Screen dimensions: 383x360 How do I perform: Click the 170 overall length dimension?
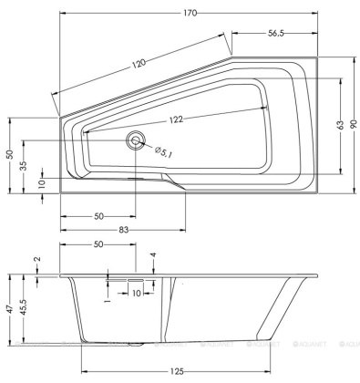pos(188,13)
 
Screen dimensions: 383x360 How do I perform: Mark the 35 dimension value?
pos(22,166)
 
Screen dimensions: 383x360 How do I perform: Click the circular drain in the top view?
pos(137,140)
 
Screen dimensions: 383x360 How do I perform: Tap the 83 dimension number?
pos(122,229)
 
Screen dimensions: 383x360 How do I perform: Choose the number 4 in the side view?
pos(153,256)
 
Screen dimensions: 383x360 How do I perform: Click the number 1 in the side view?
pos(108,294)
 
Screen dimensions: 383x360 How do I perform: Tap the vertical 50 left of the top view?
pos(8,155)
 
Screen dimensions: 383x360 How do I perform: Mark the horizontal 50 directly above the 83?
pos(98,216)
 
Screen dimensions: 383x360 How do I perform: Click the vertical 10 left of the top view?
pos(42,183)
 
